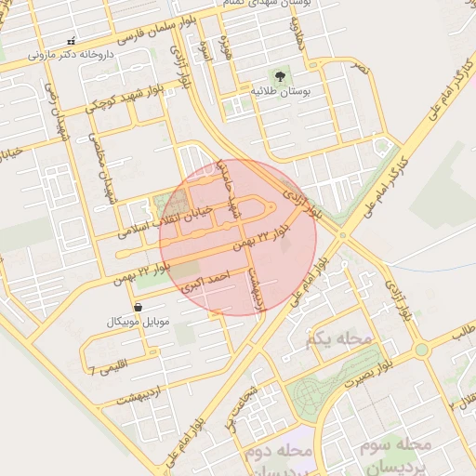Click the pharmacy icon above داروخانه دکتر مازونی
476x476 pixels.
[72, 41]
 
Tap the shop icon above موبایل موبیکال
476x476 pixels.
[138, 306]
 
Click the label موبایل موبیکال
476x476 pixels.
[139, 321]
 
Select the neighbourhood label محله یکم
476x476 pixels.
[343, 339]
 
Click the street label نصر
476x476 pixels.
[359, 67]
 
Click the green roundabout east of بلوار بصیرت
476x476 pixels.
[421, 350]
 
